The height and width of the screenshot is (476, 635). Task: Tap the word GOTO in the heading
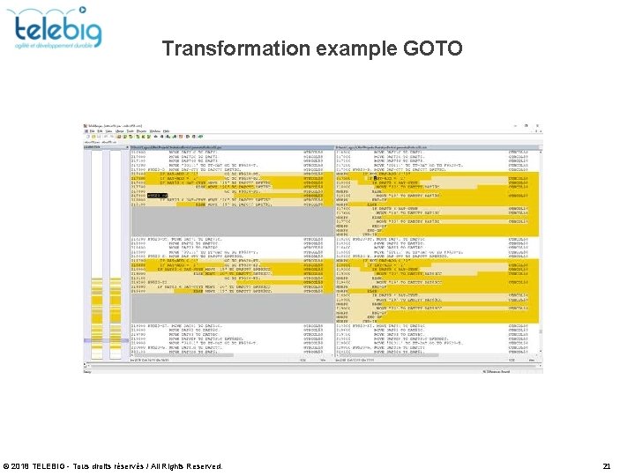click(432, 48)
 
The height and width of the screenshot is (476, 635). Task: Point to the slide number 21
click(606, 465)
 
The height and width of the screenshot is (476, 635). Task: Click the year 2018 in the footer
click(21, 465)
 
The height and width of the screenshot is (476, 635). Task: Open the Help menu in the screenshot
click(165, 131)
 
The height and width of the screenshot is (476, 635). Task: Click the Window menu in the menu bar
click(153, 131)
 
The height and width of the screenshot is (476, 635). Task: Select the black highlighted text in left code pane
click(154, 195)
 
